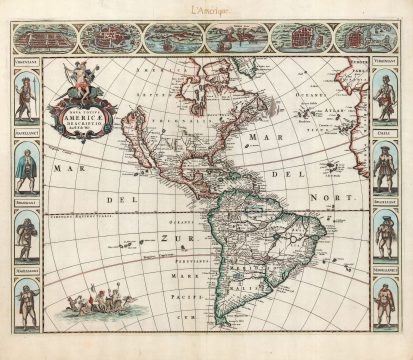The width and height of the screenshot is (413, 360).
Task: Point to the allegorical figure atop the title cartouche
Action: pyautogui.click(x=88, y=80)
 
